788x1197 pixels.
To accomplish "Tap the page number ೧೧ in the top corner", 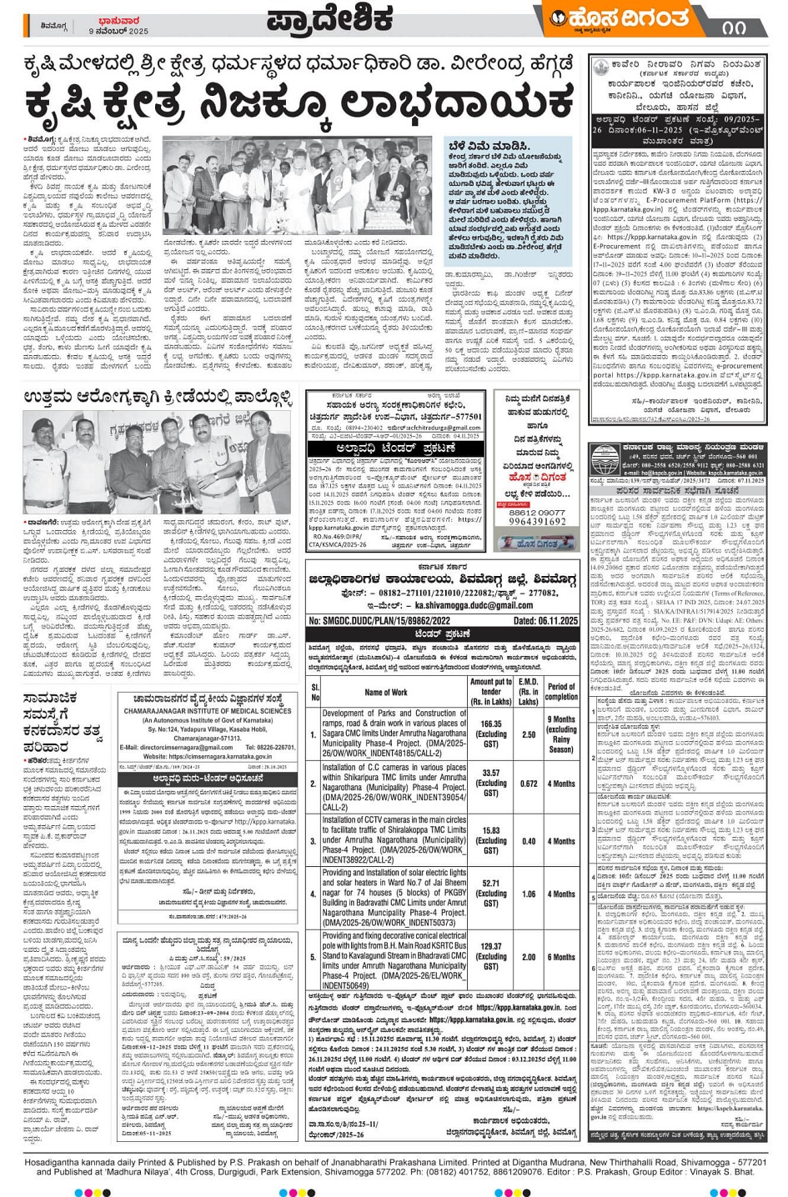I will [x=734, y=26].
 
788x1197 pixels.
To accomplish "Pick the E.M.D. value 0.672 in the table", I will [x=528, y=784].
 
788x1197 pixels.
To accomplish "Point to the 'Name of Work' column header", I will [x=386, y=692].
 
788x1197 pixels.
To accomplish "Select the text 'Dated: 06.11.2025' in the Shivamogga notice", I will [x=545, y=621].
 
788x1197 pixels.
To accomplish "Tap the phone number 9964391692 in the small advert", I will [x=537, y=522].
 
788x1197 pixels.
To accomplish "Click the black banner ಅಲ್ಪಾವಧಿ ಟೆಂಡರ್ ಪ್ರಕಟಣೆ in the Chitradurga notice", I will [x=395, y=448].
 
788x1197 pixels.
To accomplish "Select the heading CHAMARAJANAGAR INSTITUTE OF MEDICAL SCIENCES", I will [x=208, y=711].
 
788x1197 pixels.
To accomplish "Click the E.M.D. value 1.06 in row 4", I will [x=528, y=894].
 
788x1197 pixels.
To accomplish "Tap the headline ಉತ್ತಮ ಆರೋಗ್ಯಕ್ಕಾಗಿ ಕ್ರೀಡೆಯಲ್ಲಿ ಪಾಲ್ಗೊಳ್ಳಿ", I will [x=158, y=396].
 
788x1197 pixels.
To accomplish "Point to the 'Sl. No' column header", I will [x=314, y=692].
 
